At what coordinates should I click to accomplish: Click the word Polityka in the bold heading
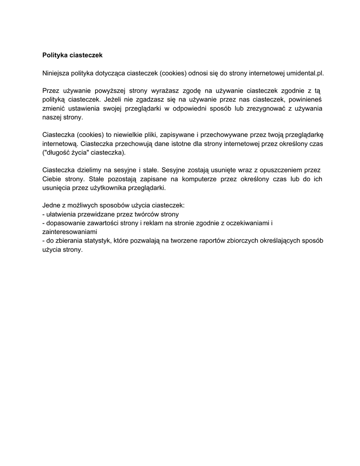click(x=55, y=55)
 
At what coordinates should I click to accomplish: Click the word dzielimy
click(x=90, y=170)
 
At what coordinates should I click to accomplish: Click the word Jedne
click(x=52, y=205)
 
